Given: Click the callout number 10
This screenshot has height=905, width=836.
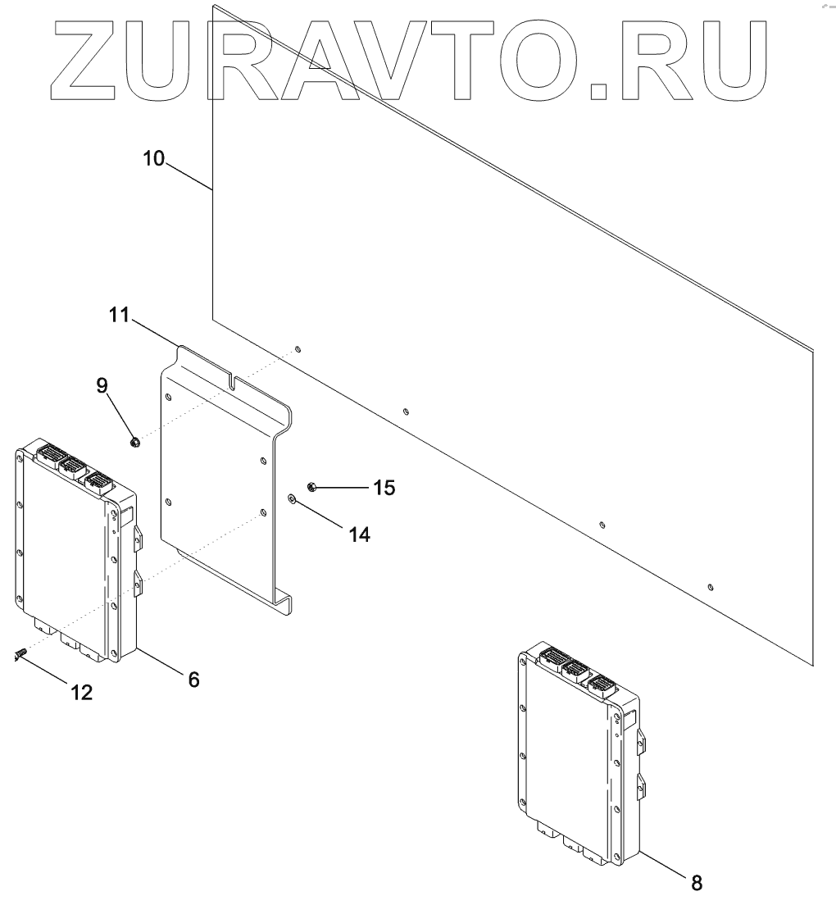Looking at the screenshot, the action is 153,157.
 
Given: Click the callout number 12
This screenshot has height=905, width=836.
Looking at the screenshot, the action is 81,692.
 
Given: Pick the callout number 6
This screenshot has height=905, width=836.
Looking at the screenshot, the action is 193,679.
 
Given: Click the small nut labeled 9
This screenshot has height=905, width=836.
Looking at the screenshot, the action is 135,443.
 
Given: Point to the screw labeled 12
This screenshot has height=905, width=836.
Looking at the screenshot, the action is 20,653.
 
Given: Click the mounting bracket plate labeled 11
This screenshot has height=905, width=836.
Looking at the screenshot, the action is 217,475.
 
